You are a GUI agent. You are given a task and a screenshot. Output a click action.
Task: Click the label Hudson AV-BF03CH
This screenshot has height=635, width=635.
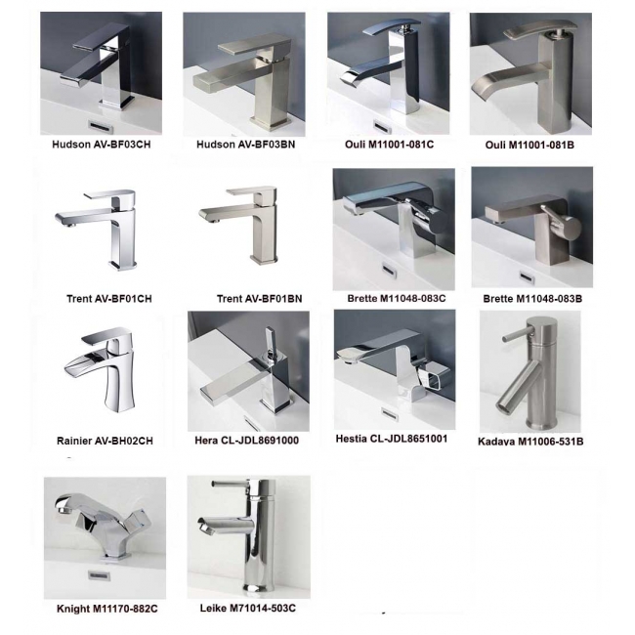102,145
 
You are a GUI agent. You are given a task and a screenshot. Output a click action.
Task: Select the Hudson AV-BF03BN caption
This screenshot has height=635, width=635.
246,145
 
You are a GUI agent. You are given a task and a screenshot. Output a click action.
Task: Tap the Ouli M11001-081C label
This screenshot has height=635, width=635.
389,145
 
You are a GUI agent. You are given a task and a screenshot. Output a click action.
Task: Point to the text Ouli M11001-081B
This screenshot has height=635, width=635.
529,145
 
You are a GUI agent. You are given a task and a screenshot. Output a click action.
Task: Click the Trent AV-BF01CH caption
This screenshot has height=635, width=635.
109,299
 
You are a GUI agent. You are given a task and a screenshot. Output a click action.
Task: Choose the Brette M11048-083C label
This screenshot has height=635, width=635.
397,299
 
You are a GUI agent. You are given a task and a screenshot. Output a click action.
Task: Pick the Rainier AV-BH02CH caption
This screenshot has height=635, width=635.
105,441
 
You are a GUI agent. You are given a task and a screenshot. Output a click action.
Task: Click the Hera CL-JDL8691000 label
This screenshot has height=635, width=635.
246,441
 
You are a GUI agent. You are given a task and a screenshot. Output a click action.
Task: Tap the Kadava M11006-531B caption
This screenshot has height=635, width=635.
530,442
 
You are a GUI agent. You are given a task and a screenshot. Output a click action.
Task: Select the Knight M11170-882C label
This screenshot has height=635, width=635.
107,609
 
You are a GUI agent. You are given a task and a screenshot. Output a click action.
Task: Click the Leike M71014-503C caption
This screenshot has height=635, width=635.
248,608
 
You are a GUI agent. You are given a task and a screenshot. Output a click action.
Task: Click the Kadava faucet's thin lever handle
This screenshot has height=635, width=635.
515,337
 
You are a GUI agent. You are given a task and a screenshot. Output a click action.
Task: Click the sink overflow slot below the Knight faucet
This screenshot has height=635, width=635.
98,574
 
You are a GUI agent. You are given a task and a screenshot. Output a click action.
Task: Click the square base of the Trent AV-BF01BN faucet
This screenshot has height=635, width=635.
264,259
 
